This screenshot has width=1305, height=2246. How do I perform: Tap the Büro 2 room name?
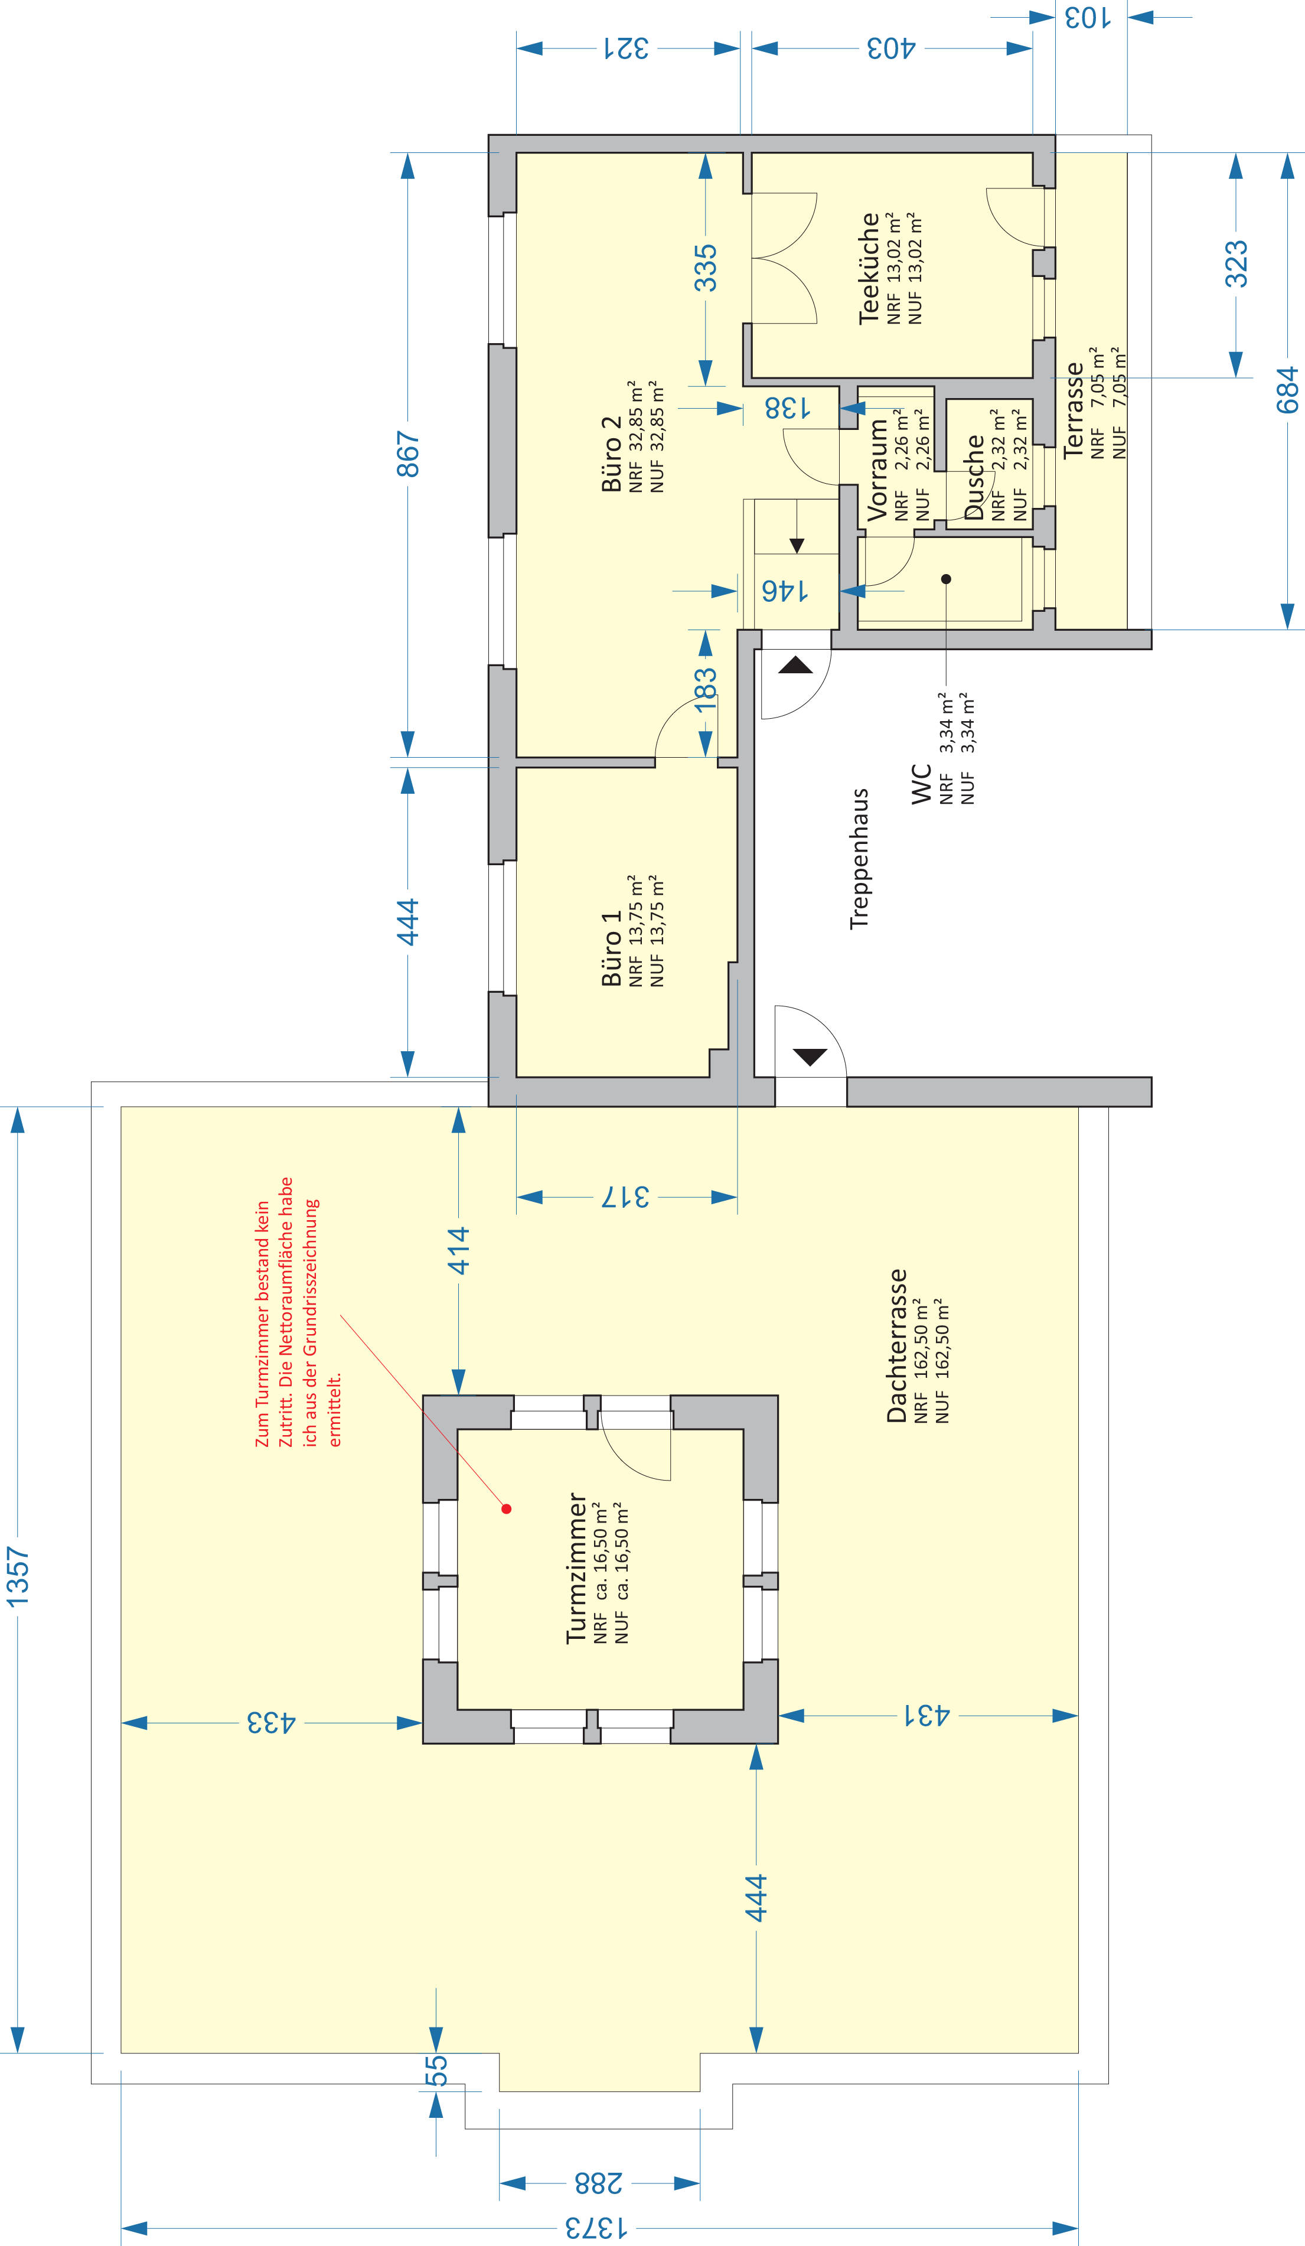[x=612, y=454]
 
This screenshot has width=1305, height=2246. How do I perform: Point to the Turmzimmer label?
[x=577, y=1569]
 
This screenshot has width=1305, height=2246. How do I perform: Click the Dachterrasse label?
[x=897, y=1346]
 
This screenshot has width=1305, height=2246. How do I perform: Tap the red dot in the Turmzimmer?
[x=506, y=1509]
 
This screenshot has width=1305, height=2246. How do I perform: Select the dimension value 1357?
[x=18, y=1577]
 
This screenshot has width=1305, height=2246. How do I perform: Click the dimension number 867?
[x=407, y=454]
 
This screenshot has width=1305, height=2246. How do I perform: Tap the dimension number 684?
[x=1287, y=390]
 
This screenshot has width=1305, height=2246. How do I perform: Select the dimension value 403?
[x=892, y=48]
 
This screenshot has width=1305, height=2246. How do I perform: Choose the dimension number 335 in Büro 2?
[x=705, y=268]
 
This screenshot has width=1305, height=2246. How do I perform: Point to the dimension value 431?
[x=927, y=1715]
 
